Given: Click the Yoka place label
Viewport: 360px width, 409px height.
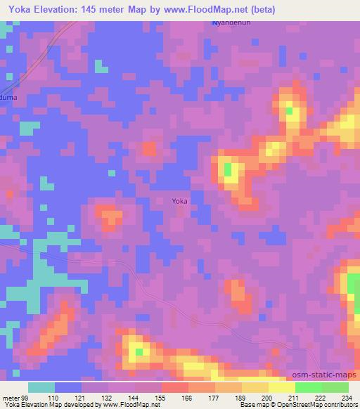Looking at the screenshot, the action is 180,201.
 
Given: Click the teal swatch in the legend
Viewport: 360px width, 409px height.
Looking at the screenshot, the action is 41,387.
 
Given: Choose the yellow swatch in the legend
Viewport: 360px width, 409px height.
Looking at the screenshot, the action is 282,387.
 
